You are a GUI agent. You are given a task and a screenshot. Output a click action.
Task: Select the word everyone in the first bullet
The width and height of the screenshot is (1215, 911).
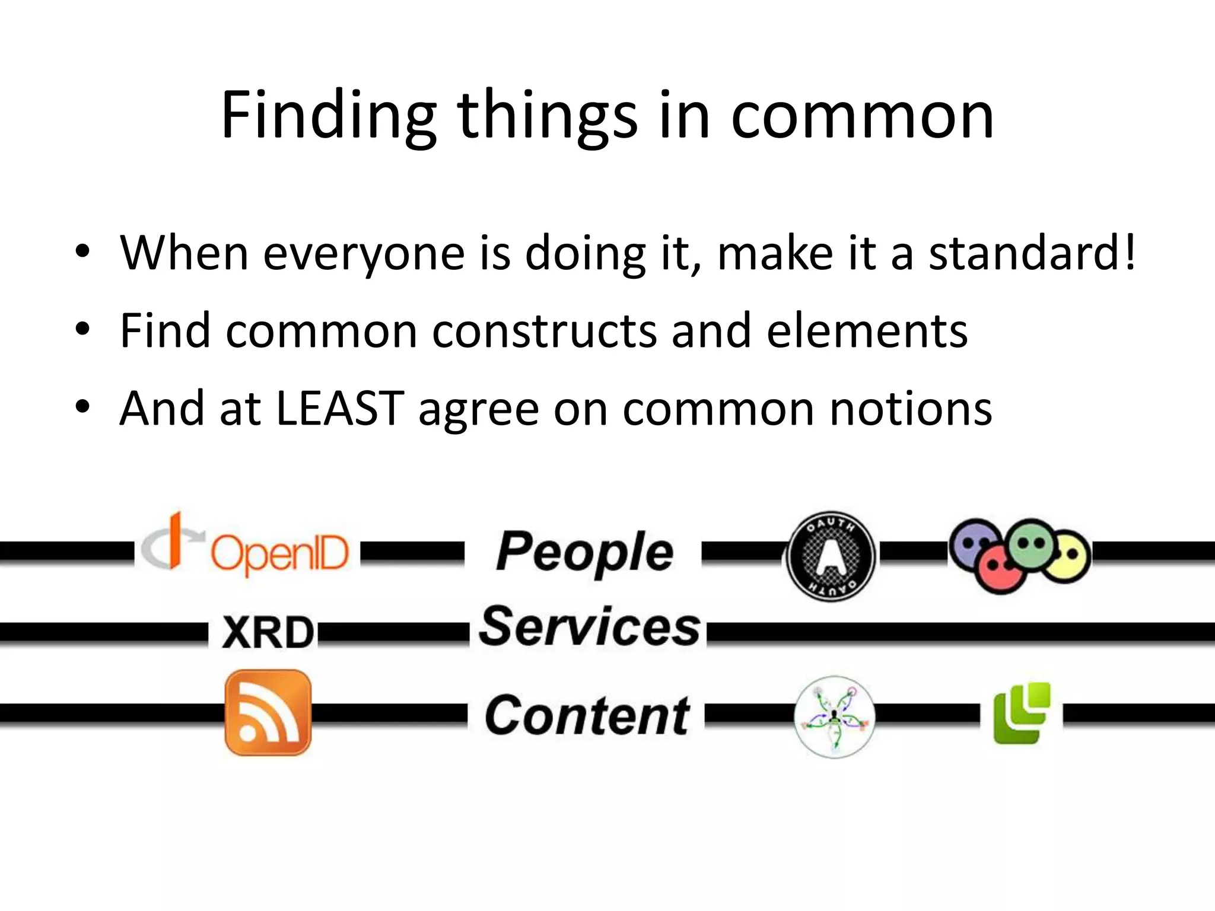click(364, 254)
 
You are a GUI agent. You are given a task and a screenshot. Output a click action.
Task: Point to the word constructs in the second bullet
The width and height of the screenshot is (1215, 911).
click(544, 330)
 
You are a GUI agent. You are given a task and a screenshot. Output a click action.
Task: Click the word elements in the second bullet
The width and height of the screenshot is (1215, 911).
click(867, 330)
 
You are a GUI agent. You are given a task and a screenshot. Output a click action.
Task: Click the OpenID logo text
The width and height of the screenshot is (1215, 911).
click(279, 553)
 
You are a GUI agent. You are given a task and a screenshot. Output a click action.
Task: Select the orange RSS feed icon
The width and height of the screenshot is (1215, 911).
click(268, 712)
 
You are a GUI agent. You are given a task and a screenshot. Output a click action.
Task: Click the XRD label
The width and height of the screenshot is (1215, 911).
click(268, 632)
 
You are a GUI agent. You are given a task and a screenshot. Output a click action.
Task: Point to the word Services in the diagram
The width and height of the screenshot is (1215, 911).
click(589, 627)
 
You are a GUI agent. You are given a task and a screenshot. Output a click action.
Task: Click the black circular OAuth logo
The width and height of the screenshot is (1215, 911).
click(831, 556)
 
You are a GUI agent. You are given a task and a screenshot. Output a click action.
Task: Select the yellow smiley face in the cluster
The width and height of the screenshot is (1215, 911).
click(1068, 558)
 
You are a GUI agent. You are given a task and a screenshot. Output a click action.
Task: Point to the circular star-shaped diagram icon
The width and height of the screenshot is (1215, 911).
click(835, 717)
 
